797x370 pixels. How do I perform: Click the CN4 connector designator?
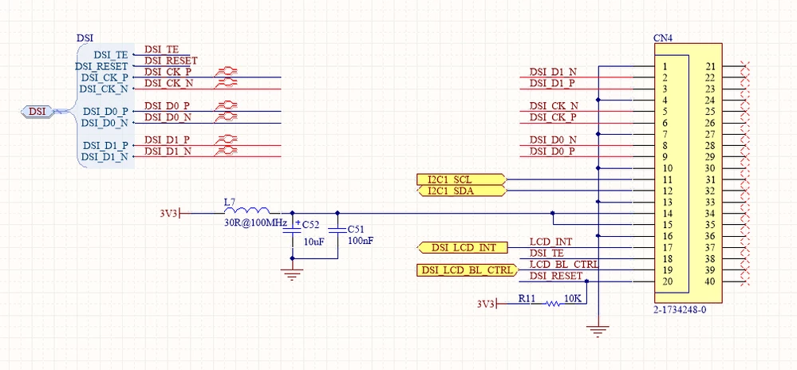click(x=663, y=38)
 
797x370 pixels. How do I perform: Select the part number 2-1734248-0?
click(x=680, y=309)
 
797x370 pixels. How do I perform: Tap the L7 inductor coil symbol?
click(x=247, y=210)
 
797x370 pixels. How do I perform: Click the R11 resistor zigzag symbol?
click(x=553, y=304)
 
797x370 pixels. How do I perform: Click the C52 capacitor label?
click(x=311, y=225)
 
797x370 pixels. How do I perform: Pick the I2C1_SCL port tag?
click(x=460, y=179)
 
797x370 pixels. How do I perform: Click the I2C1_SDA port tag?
click(x=460, y=191)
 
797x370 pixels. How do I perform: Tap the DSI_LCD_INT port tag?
click(x=463, y=248)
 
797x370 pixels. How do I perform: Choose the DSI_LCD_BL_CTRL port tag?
click(x=467, y=270)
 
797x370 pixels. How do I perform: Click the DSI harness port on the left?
click(x=37, y=112)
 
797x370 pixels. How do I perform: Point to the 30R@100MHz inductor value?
click(x=255, y=223)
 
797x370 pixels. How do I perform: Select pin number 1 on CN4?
click(x=665, y=66)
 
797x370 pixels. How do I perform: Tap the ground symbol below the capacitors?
click(x=292, y=276)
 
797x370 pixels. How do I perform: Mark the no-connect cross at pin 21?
click(x=745, y=66)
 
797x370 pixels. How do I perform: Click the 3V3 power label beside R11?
click(x=486, y=304)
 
